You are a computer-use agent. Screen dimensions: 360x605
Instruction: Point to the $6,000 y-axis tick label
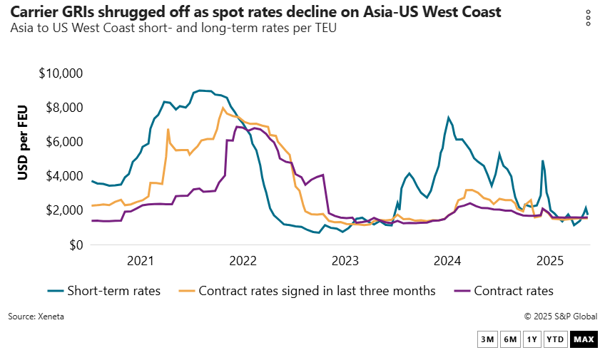tap(63, 142)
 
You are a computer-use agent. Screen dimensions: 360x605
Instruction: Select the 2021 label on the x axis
tap(142, 260)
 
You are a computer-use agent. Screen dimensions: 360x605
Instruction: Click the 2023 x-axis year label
tap(345, 260)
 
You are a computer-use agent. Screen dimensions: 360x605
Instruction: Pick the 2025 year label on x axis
tap(549, 260)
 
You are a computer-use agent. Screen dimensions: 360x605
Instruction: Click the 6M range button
tap(509, 339)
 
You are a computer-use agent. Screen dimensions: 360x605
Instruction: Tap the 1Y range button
tap(532, 339)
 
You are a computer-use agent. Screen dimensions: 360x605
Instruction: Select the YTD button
tap(555, 339)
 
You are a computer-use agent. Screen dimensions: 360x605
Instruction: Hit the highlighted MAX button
tap(584, 339)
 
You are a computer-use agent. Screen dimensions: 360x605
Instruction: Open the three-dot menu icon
tap(588, 18)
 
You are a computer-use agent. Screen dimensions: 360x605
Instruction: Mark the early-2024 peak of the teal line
tap(448, 118)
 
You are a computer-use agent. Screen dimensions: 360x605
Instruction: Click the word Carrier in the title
tap(31, 12)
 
